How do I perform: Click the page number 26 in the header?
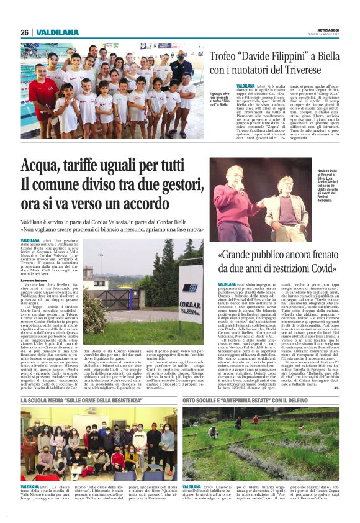coord(25,32)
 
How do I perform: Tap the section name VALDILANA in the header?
coord(56,32)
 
